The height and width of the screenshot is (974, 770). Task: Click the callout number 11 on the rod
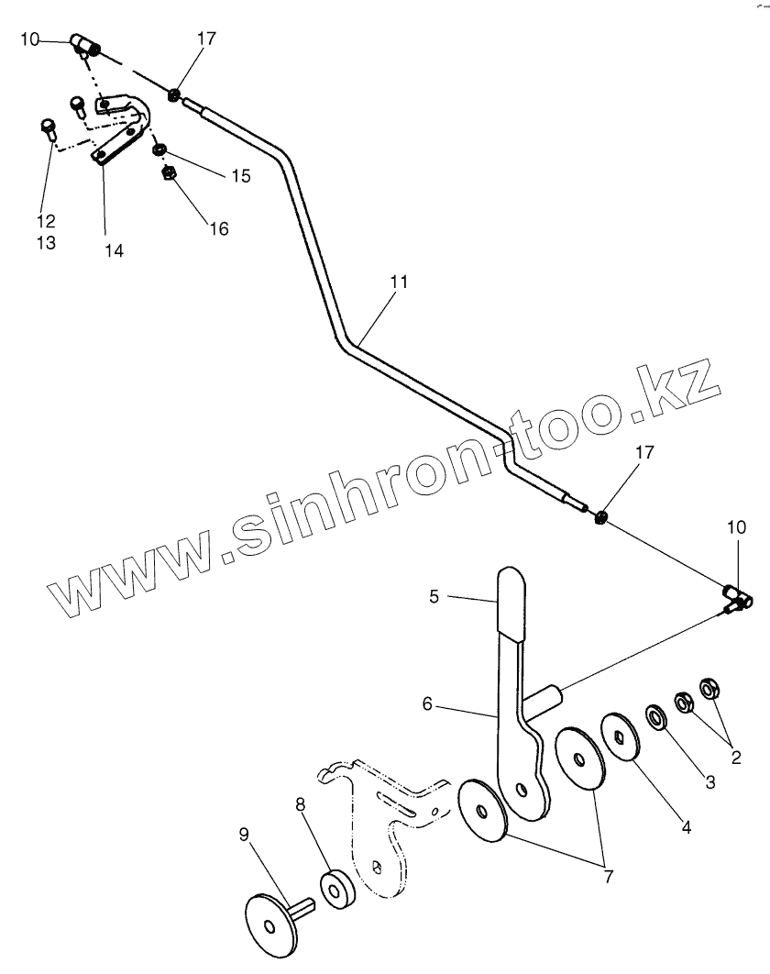396,282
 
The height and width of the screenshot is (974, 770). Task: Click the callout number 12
46,221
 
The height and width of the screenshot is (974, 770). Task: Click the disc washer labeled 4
619,736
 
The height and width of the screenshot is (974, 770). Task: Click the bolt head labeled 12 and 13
47,127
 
